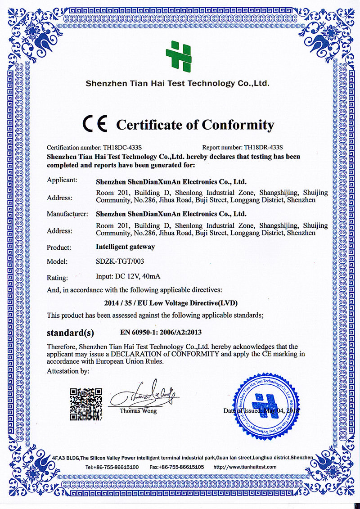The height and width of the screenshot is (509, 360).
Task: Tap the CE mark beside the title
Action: [95, 124]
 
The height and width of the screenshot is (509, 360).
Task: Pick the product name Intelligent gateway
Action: [126, 247]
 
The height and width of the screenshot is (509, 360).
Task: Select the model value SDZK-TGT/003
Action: [120, 261]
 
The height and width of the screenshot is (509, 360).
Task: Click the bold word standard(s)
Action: [71, 333]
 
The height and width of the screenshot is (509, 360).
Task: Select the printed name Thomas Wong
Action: [138, 411]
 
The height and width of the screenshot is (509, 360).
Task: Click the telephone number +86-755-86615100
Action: [116, 467]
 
